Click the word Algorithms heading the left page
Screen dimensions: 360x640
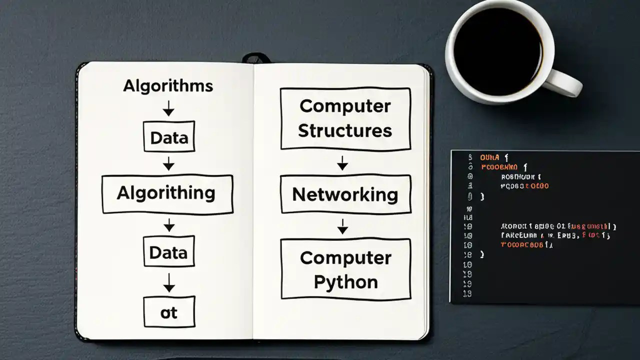point(168,86)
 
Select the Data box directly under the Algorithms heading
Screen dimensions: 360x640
point(169,136)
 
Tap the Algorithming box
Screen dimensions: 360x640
point(167,194)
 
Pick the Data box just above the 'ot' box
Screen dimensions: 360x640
point(169,251)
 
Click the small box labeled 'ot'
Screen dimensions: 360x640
point(169,312)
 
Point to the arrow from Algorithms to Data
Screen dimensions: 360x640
point(169,108)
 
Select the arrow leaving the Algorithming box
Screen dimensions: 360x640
point(169,224)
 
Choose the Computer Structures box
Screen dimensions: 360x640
point(345,118)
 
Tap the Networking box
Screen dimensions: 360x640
point(345,194)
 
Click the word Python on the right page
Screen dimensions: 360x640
point(345,282)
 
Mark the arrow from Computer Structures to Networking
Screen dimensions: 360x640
point(342,162)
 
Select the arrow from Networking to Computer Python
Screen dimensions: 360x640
point(342,226)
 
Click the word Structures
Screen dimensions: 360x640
point(345,131)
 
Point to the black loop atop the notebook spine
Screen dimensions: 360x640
point(256,58)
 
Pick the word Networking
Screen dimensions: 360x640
point(345,194)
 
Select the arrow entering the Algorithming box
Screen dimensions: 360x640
point(169,163)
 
